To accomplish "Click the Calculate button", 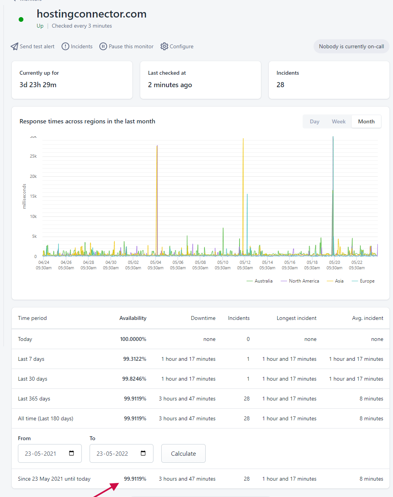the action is [183, 453].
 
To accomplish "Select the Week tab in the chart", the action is [338, 121].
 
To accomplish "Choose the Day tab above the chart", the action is [314, 121].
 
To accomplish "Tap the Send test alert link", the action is [32, 46].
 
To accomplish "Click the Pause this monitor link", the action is [127, 46].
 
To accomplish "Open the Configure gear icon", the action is [164, 46].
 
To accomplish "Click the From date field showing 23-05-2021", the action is [50, 453].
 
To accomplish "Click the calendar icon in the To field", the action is [143, 453].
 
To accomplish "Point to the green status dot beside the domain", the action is [21, 19].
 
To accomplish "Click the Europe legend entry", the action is [363, 281].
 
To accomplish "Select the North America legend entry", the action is [300, 281].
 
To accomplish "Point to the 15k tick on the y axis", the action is [33, 196].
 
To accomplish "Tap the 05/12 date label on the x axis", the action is [245, 262].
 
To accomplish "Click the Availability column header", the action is [133, 318].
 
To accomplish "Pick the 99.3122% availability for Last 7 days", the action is [134, 359].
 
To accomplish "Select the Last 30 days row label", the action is [33, 379].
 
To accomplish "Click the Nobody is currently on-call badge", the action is [351, 46].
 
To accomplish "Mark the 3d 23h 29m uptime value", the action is [38, 85].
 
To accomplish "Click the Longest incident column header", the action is [296, 318].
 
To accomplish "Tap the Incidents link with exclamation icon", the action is [77, 46].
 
